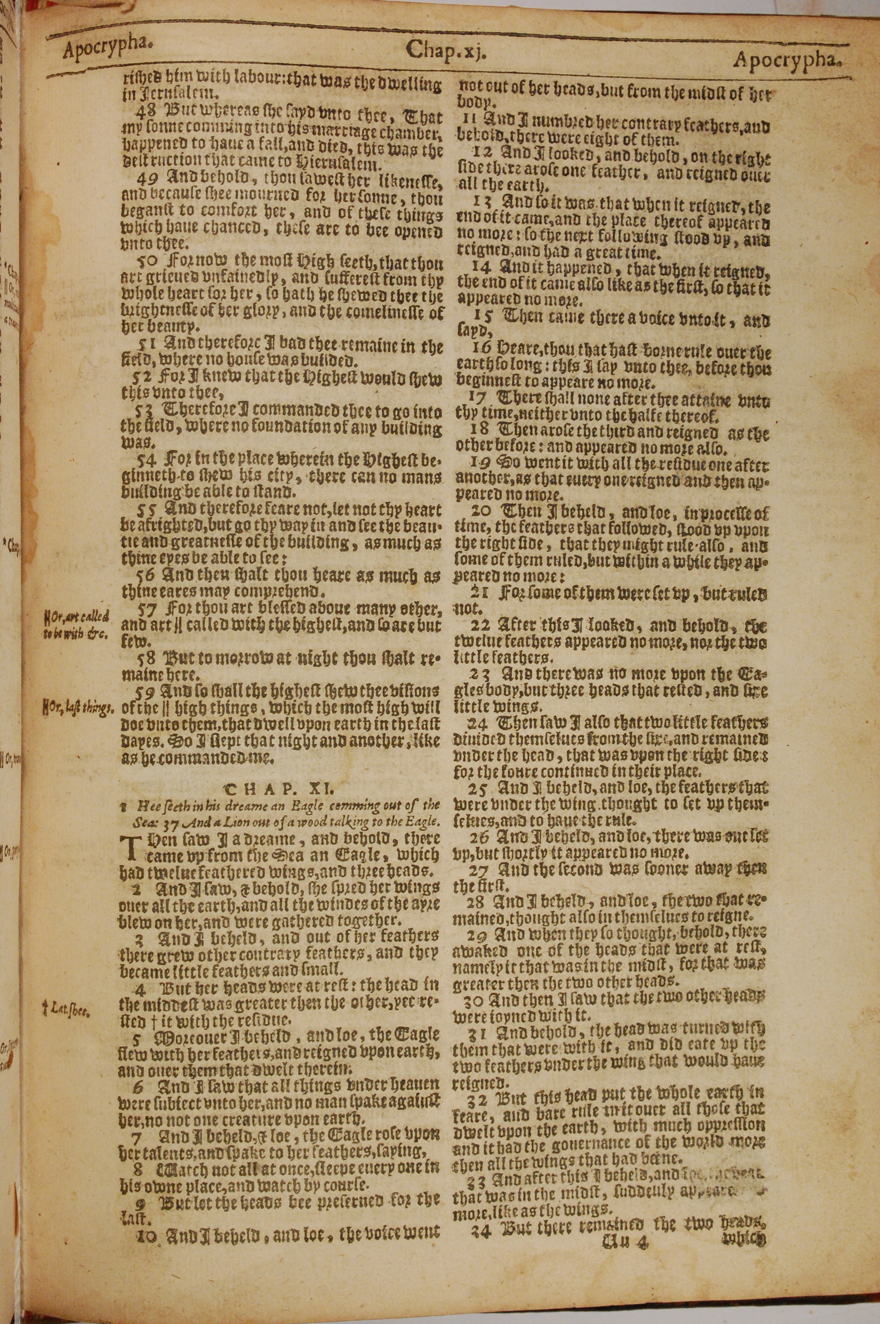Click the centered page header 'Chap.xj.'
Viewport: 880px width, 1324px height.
coord(444,51)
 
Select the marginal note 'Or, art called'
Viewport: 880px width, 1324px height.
coord(77,618)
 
